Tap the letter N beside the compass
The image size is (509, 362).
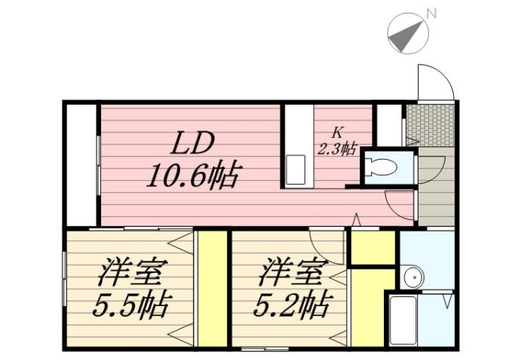pos(432,13)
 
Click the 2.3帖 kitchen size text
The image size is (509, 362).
pos(336,149)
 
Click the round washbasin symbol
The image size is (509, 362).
pos(412,278)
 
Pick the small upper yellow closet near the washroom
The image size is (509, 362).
pos(373,247)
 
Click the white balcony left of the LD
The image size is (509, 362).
pos(80,164)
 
